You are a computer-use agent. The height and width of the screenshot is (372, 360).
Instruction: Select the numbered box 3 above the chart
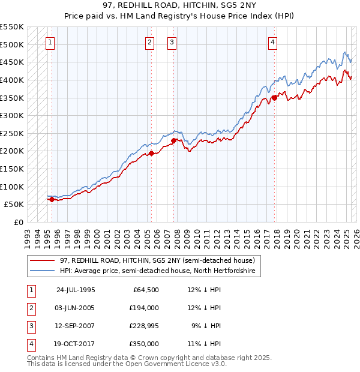[172, 42]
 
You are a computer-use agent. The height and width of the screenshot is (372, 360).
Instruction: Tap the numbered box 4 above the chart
[272, 42]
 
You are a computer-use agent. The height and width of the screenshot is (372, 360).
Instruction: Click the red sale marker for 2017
[274, 97]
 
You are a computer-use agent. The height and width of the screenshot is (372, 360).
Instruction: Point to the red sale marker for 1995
[52, 200]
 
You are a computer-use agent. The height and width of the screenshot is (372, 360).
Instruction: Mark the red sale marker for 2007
[174, 140]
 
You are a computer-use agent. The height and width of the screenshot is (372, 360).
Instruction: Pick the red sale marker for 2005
[151, 153]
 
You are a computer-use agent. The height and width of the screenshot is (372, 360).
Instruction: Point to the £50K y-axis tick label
[14, 204]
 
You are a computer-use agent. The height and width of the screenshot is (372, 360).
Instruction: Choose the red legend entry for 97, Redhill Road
[158, 260]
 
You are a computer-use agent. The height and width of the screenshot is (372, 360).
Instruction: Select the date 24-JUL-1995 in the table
[76, 290]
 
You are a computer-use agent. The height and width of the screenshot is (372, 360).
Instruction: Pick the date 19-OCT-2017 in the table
[76, 344]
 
